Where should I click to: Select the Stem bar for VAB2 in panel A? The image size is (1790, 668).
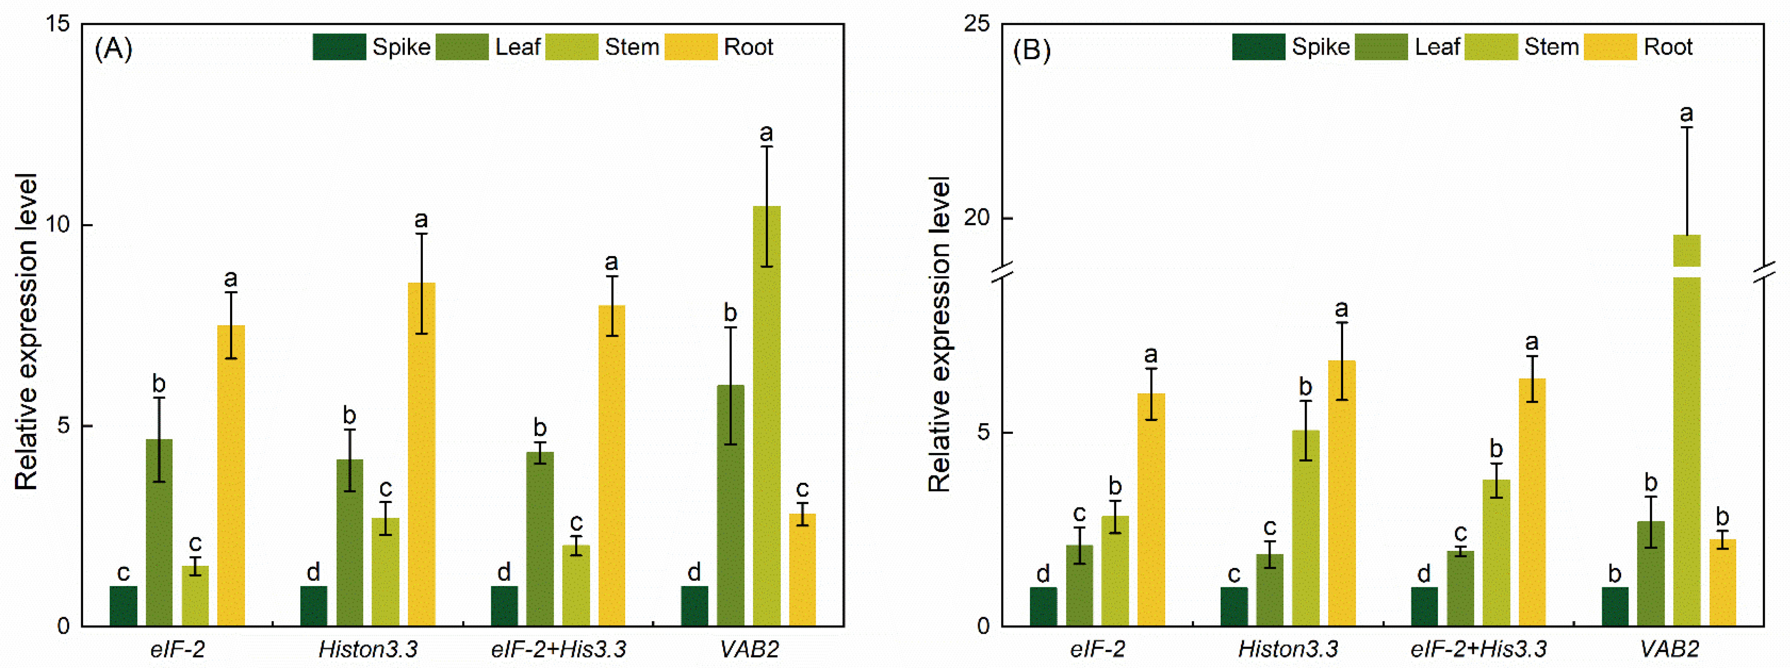pos(766,417)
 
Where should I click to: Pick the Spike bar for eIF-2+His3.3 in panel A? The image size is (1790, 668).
pos(504,606)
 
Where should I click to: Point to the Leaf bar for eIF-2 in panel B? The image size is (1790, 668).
pos(1079,585)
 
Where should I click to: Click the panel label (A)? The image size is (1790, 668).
pos(113,49)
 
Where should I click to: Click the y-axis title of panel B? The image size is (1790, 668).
pos(939,333)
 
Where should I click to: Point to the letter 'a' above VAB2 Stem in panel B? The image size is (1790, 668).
pos(1687,114)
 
